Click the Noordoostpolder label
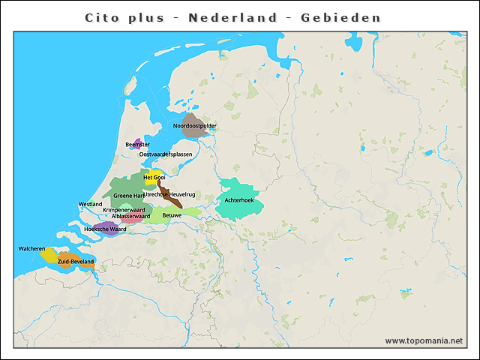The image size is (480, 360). (x=195, y=126)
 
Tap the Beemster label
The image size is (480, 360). (x=137, y=144)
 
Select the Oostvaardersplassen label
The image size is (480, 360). (x=166, y=154)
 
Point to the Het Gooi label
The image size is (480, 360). (x=154, y=177)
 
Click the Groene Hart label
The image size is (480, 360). (x=128, y=195)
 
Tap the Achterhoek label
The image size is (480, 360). (x=239, y=200)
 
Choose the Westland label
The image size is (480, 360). (x=90, y=204)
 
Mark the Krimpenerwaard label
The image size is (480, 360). (x=124, y=210)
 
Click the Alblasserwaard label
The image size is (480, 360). (x=130, y=216)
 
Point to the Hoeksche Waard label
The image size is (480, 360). (x=105, y=229)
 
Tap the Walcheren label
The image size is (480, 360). (x=32, y=248)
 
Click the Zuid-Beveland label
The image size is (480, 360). (x=76, y=261)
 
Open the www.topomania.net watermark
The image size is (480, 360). (x=424, y=340)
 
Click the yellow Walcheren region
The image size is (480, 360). (x=48, y=256)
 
